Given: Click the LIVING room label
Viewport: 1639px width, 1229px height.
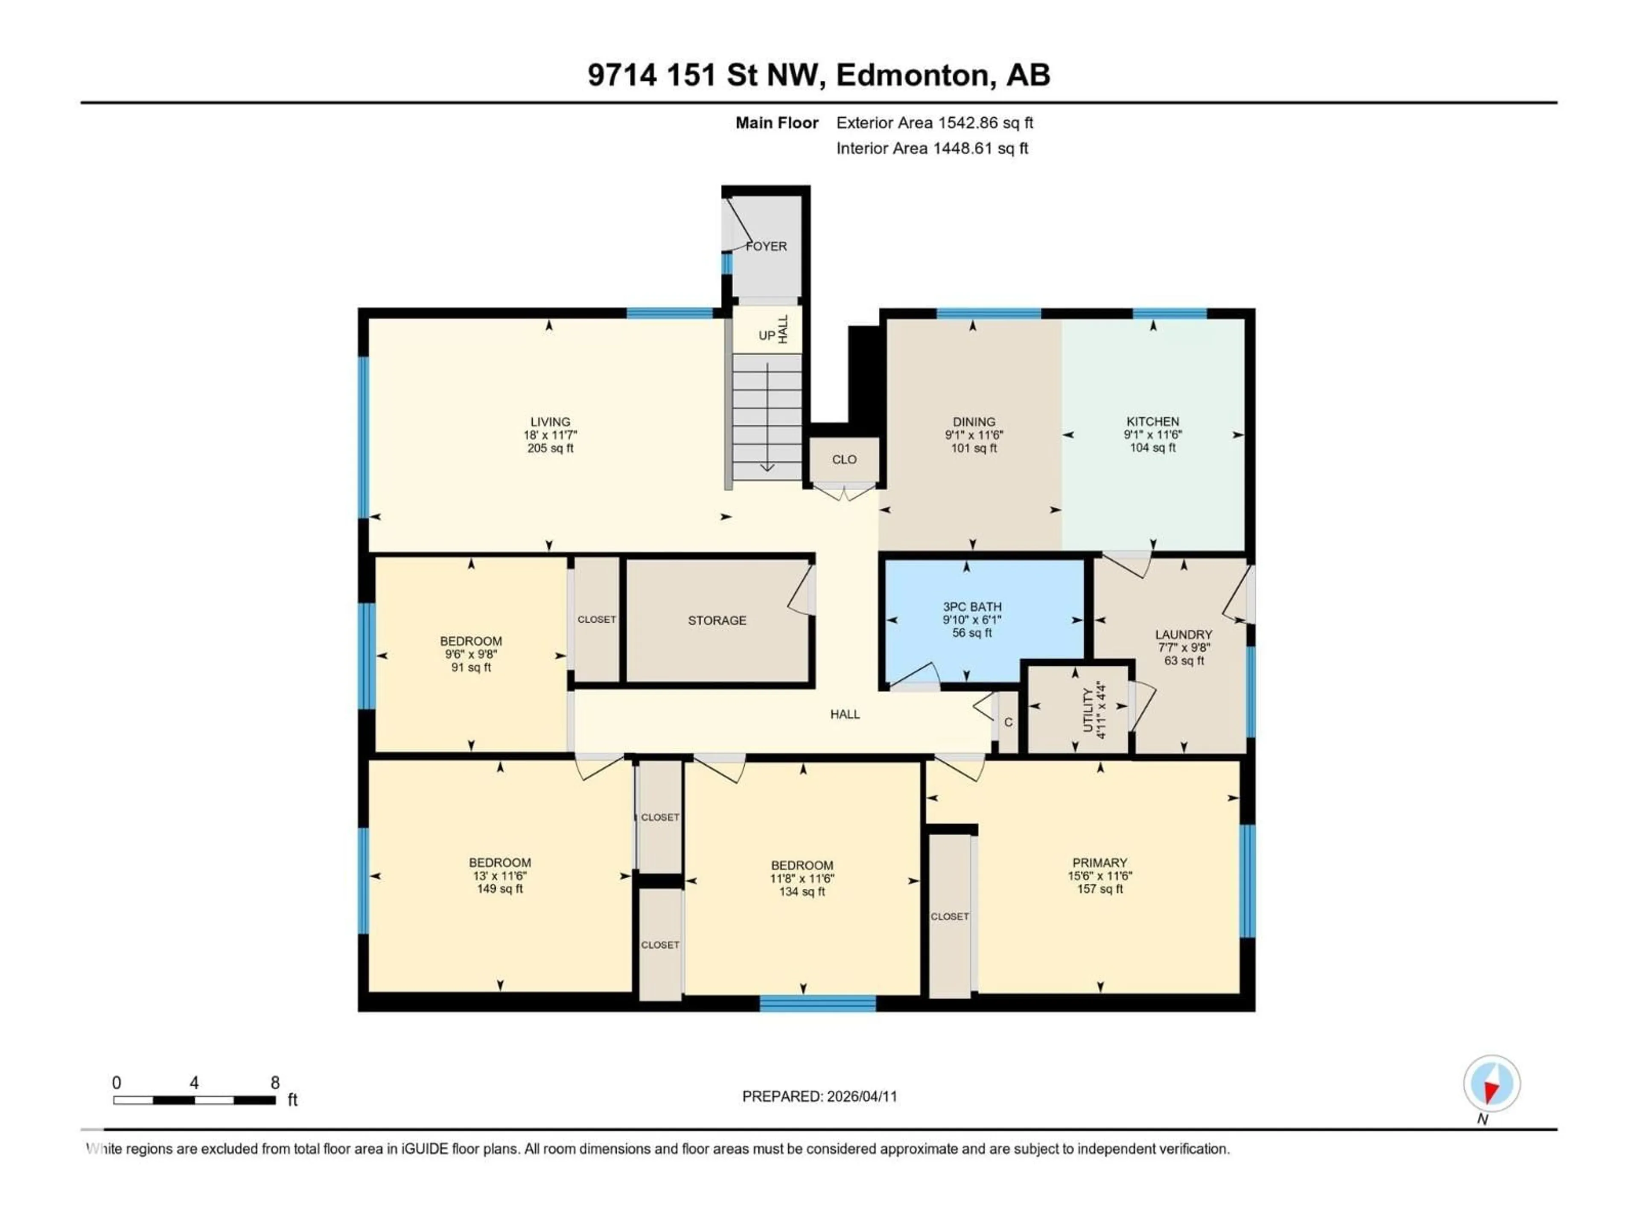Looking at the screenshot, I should [x=550, y=422].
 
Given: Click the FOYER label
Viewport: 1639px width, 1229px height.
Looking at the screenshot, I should [x=766, y=246].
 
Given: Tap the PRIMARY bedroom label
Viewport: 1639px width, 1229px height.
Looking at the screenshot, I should [x=1099, y=863].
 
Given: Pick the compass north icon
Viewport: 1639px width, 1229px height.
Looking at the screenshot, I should [x=1492, y=1084].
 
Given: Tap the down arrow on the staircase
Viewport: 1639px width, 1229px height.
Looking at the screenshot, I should [x=767, y=467].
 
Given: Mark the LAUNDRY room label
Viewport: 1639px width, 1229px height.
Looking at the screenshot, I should [x=1183, y=635].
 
